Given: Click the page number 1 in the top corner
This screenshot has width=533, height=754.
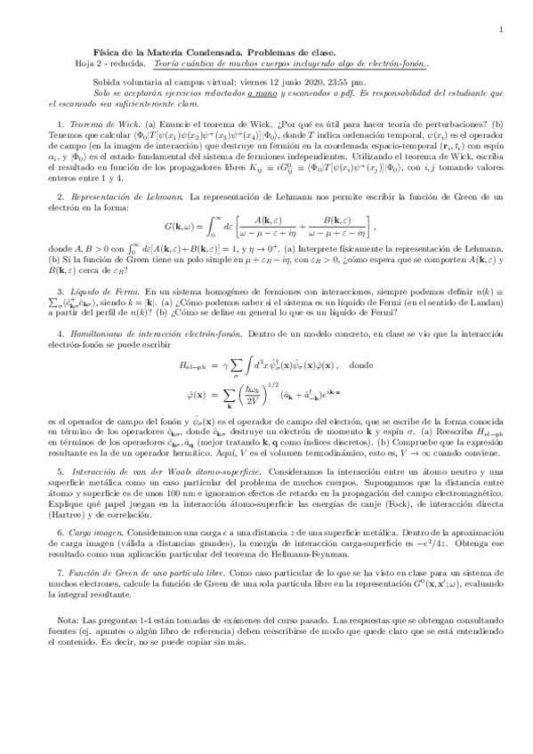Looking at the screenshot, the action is coord(503,28).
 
